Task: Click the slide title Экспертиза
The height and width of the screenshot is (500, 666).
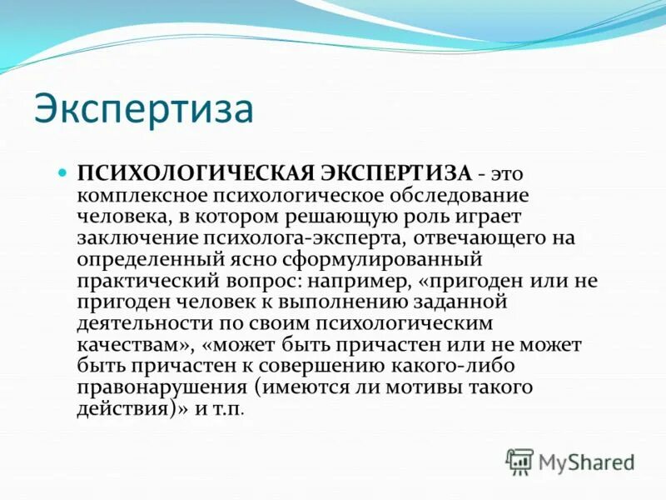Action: click(143, 109)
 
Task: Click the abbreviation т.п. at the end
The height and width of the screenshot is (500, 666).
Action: click(231, 408)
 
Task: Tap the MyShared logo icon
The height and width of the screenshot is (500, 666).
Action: click(519, 460)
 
